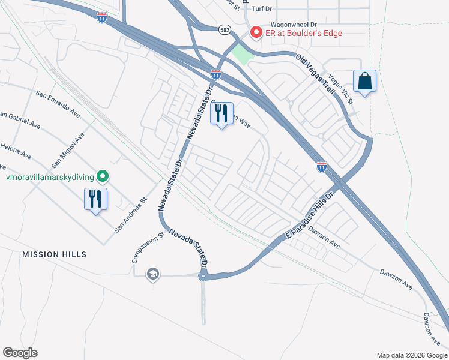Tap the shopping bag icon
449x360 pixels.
pos(364,80)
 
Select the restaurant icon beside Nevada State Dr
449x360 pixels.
pos(221,113)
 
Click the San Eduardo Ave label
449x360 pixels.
pos(58,104)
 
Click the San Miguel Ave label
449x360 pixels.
pos(68,150)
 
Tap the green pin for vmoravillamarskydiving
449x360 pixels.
pos(103,176)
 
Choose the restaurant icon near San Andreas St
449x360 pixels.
pos(95,199)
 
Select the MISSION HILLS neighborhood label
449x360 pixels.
pos(54,254)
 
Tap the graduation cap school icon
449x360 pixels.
pos(153,274)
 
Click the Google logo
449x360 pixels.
pos(20,353)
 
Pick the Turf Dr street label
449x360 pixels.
pos(262,9)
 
